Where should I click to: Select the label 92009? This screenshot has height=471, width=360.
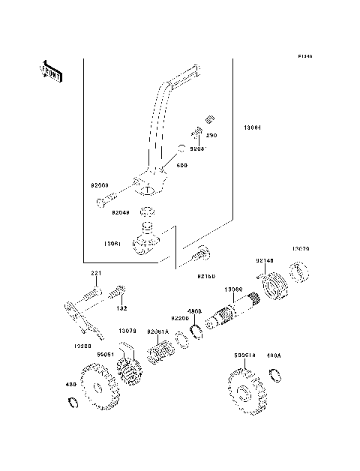(101, 184)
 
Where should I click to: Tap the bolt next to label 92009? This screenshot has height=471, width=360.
(109, 201)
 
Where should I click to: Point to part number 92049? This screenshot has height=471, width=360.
(121, 213)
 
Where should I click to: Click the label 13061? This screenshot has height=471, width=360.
(114, 244)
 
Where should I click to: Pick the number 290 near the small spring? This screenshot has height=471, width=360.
(211, 136)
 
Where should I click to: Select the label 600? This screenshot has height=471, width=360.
(181, 164)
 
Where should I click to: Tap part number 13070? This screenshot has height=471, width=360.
(301, 247)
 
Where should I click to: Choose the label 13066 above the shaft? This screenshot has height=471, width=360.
(232, 289)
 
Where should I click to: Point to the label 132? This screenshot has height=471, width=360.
(121, 308)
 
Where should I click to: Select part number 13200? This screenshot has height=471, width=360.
(83, 346)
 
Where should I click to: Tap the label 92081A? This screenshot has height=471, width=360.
(158, 331)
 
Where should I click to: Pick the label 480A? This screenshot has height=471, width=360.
(274, 357)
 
